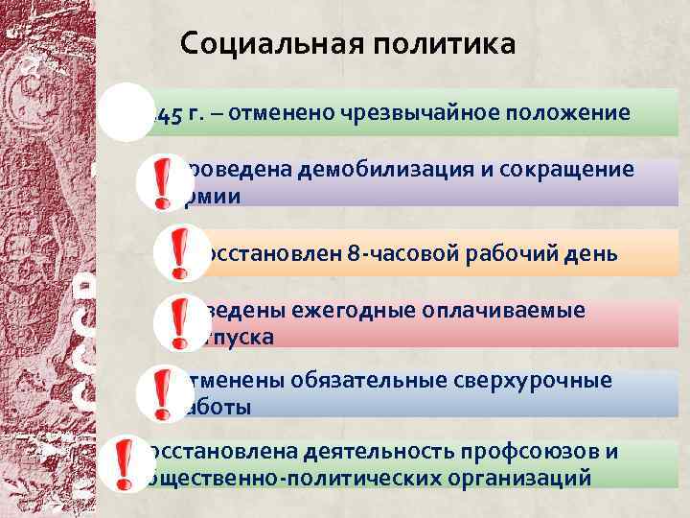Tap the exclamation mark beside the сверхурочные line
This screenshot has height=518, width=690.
click(156, 394)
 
